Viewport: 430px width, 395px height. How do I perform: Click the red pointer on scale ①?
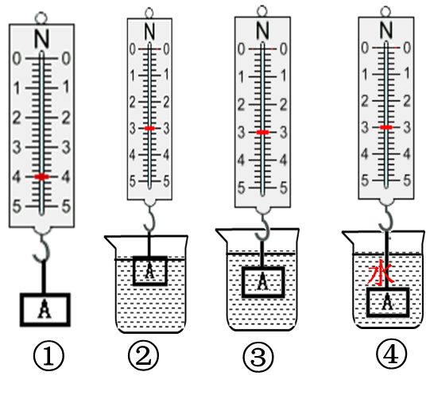tap(41, 176)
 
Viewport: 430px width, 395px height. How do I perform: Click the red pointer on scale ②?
tap(149, 128)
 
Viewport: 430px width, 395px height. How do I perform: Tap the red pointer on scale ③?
tap(263, 132)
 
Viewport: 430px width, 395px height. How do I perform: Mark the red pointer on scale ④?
tap(386, 127)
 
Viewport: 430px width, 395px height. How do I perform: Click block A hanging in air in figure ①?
tap(45, 310)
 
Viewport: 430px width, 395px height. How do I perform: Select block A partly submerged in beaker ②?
tap(150, 271)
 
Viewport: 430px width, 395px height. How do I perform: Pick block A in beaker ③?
tap(263, 282)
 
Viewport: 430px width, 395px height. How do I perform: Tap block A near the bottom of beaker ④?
tap(388, 302)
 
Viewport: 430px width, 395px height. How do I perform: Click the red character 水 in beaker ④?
tap(381, 272)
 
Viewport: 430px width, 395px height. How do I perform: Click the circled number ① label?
tap(48, 356)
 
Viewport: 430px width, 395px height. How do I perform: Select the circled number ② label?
tap(143, 356)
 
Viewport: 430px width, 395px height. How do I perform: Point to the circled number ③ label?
tap(258, 357)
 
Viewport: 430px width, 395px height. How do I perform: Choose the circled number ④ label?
tap(391, 354)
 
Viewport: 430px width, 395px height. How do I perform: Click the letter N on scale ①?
tap(41, 39)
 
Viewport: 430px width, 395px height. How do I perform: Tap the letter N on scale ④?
tap(386, 29)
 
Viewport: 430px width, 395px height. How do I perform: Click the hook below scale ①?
tap(42, 248)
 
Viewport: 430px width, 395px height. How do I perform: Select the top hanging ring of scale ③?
tap(262, 11)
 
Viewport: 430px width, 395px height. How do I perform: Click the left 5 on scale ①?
tap(17, 207)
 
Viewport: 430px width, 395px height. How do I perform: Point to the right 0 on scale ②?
tap(166, 49)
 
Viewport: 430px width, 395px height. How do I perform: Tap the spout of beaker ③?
tap(222, 235)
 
